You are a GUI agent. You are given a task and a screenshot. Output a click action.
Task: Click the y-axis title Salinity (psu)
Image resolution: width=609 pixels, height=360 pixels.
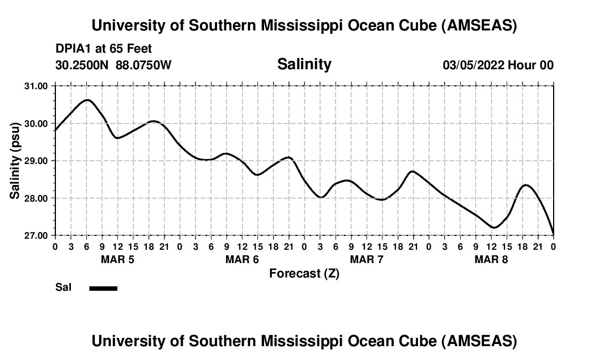pos(15,161)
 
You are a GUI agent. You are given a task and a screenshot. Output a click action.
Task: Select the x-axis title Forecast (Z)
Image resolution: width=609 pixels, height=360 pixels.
pos(304,273)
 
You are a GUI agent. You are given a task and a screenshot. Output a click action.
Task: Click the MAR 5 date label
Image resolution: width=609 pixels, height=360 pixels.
pos(117,259)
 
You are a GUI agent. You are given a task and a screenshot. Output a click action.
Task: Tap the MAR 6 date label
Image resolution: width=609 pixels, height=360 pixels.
pos(242,259)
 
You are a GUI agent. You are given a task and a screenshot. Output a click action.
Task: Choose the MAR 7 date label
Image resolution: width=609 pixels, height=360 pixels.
pos(367,259)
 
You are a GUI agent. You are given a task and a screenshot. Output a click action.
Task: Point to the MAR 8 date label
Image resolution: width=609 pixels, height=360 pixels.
pos(491,259)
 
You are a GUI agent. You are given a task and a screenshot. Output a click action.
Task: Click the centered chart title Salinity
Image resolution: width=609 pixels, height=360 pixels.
pos(304,64)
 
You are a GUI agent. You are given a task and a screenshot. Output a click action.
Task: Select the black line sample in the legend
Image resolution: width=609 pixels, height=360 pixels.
pos(103,288)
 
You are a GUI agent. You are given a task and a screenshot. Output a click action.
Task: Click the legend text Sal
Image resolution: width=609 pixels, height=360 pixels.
pos(63,287)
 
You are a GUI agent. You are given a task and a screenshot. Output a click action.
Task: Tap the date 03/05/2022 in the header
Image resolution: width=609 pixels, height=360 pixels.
pos(472,65)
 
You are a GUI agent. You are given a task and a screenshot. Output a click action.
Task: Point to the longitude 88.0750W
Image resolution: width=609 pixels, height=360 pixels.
pos(143,65)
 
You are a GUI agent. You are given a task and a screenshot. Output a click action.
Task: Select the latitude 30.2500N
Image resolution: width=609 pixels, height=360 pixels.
pos(82,65)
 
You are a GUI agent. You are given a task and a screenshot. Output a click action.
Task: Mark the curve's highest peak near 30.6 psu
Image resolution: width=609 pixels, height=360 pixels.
pos(87,100)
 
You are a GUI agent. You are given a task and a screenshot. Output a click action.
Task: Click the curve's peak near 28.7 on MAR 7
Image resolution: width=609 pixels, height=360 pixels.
pos(412,171)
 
